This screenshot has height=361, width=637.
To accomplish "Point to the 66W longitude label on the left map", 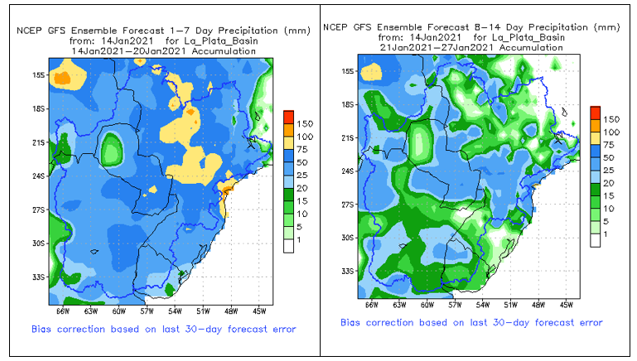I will pos(63,310).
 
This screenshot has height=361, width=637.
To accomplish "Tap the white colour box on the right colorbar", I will pos(595,239).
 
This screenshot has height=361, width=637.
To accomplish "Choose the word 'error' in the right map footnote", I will pos(585,323).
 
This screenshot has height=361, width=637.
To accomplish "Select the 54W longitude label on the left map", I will pos(175,310).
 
